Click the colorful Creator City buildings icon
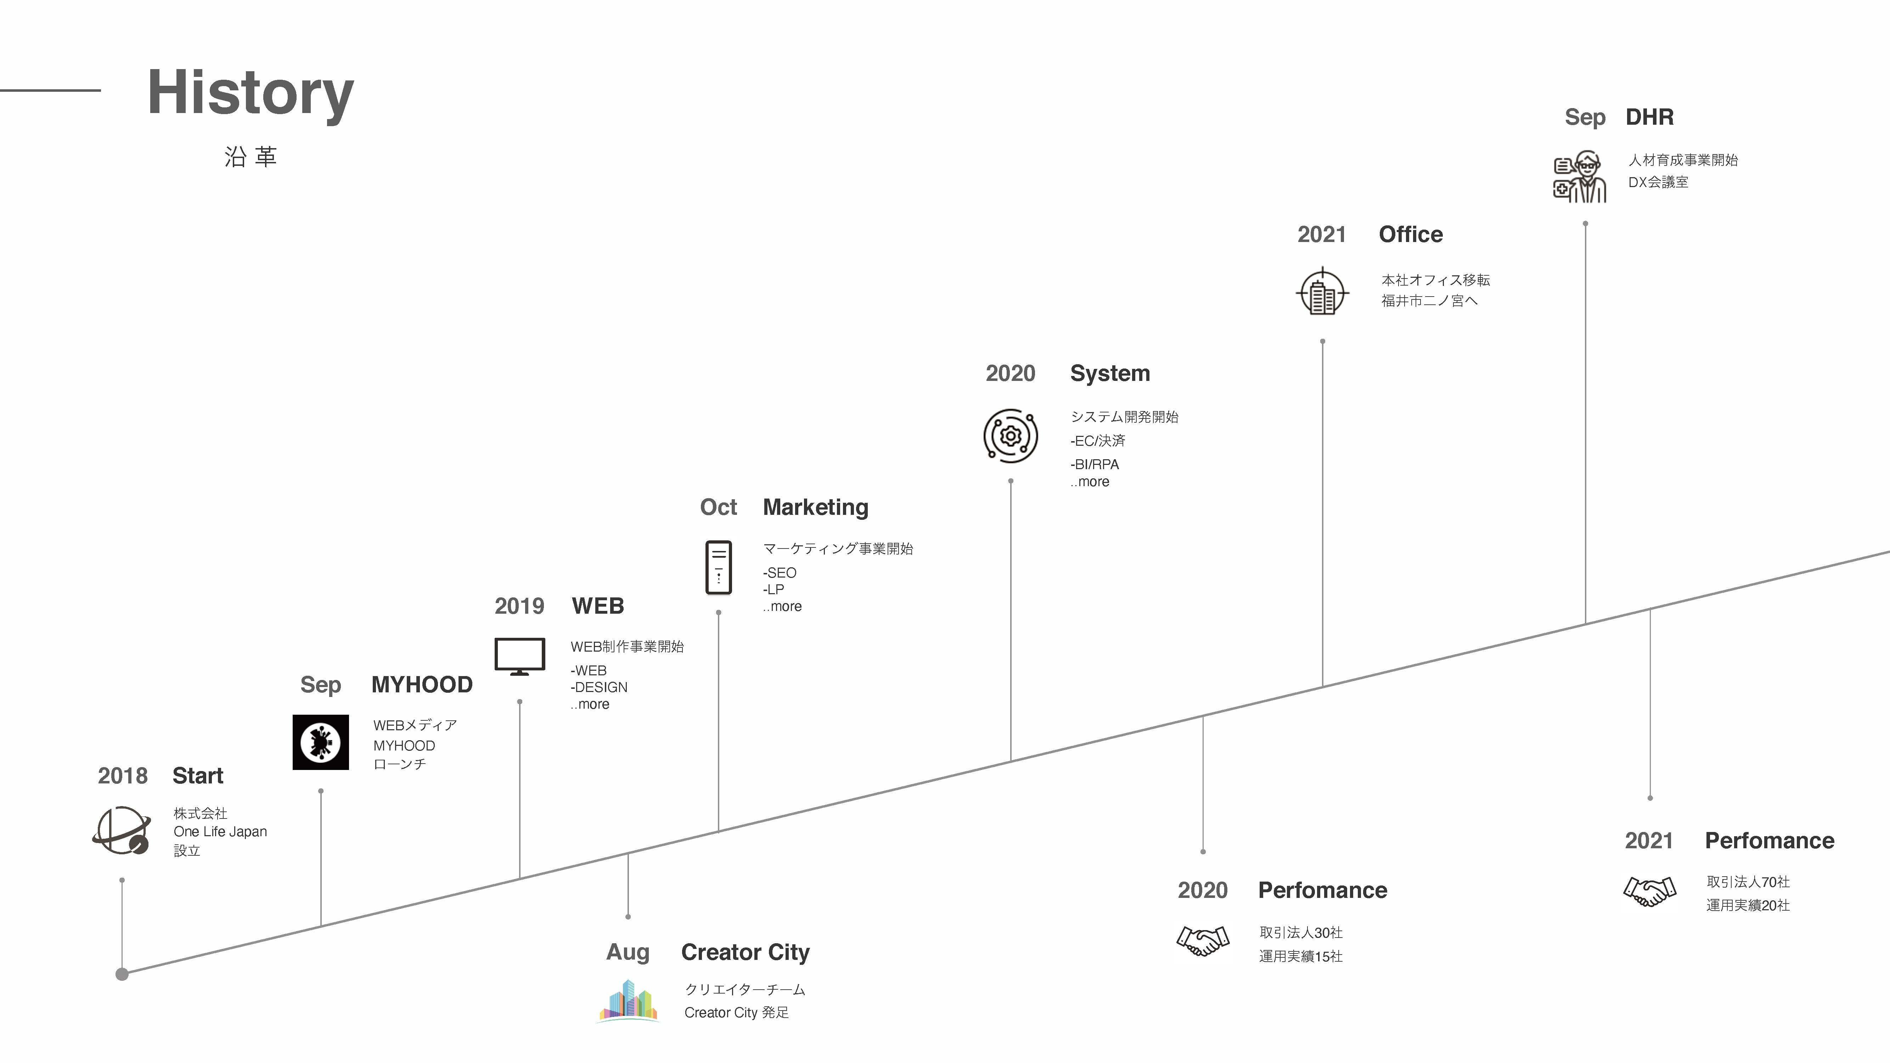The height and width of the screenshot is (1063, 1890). pos(628,1000)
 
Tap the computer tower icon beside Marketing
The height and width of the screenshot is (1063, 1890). pos(718,567)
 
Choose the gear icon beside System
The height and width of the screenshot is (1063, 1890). pos(1010,436)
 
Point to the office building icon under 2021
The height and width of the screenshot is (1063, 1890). pos(1322,292)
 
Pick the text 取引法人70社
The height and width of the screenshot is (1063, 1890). pos(1748,882)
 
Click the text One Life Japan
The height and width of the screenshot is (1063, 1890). pos(220,831)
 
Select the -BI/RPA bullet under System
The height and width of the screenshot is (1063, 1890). pos(1095,465)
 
